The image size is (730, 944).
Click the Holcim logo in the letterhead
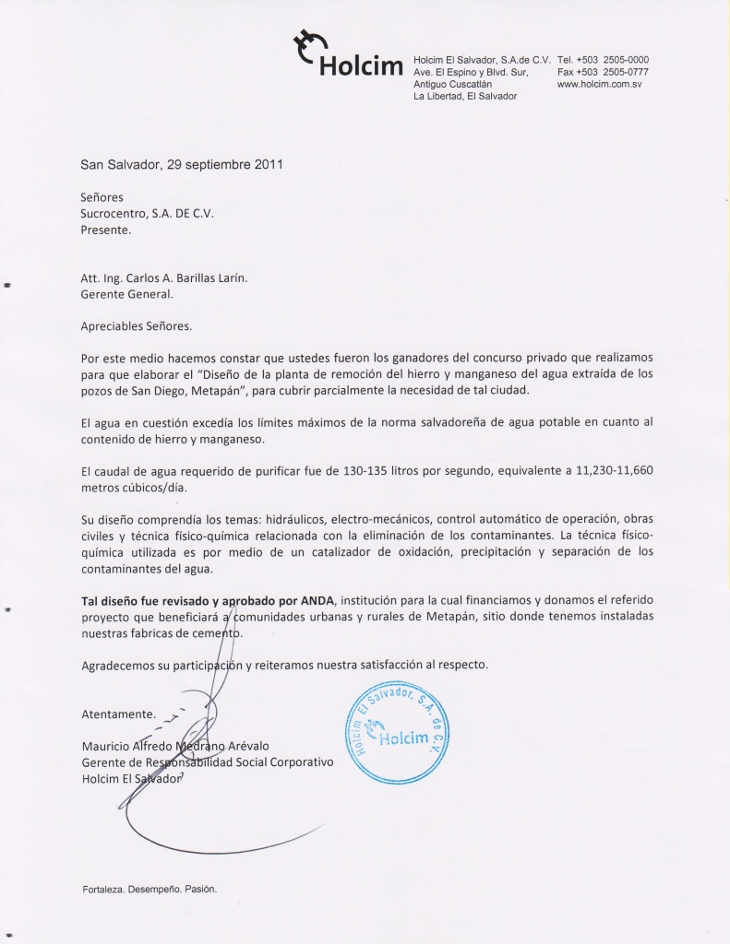[348, 58]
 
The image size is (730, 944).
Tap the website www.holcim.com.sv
[599, 84]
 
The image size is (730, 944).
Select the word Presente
[106, 230]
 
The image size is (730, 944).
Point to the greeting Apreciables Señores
[138, 325]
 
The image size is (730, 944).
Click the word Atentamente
[118, 714]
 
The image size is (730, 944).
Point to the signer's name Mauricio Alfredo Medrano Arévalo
[188, 745]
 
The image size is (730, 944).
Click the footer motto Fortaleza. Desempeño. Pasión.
[148, 890]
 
